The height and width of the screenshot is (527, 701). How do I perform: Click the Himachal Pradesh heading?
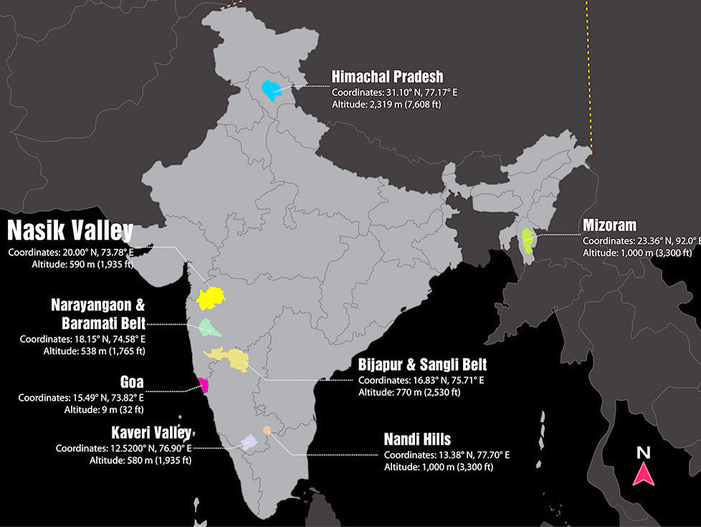[x=387, y=77]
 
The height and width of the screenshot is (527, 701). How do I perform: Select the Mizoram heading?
[x=611, y=226]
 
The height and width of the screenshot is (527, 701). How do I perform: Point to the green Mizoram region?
[x=528, y=239]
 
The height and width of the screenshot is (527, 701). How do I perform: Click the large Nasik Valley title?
[x=70, y=231]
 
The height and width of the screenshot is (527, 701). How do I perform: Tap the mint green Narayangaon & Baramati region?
[x=209, y=328]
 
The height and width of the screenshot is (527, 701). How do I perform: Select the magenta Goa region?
[x=204, y=385]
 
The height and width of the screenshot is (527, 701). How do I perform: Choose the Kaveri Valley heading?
[x=151, y=433]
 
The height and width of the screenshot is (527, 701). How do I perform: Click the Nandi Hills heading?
[x=417, y=439]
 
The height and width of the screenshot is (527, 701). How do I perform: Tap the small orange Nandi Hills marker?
[x=267, y=430]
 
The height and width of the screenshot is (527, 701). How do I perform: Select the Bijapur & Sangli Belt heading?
[x=422, y=364]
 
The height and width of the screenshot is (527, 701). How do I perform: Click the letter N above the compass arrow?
[x=643, y=453]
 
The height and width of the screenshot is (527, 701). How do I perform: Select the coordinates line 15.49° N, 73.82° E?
[x=81, y=397]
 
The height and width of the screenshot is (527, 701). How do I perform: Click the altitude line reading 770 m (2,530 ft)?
[x=409, y=392]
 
